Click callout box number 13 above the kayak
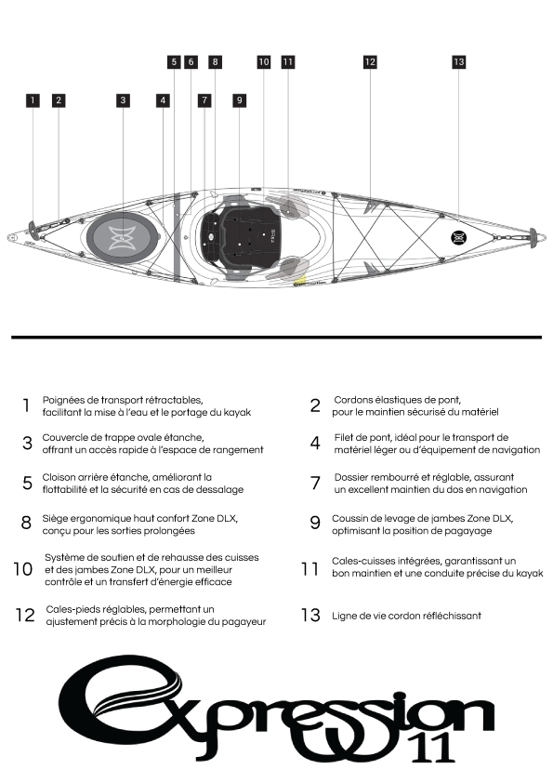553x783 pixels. coord(459,62)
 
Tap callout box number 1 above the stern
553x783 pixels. coord(33,100)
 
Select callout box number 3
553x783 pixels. coord(123,100)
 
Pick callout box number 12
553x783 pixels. coord(370,62)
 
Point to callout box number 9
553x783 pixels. coord(240,100)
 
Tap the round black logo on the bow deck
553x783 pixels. coord(459,238)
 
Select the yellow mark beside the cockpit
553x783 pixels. coord(300,279)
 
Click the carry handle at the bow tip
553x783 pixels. coord(533,237)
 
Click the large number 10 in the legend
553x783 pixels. coord(23,569)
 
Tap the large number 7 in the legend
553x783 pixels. coord(315,483)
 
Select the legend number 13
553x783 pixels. coord(310,615)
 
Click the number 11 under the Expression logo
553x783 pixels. coord(433,748)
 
